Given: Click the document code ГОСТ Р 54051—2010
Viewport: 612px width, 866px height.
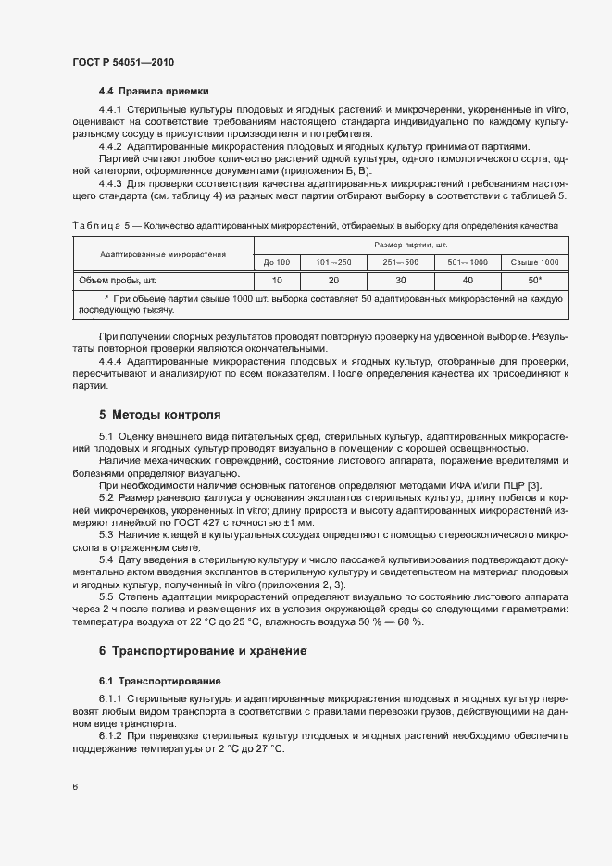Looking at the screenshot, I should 123,62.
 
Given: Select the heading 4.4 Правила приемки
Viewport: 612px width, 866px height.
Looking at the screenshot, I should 154,91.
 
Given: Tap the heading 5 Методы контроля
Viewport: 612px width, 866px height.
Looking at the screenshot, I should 159,413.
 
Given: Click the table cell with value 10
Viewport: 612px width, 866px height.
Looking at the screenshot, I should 276,279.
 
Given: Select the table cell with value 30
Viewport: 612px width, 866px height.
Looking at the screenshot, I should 401,279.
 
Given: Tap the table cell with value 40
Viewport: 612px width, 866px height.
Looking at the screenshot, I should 468,279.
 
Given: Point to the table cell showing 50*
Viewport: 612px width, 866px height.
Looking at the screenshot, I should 534,279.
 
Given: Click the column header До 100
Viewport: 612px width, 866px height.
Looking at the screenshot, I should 276,263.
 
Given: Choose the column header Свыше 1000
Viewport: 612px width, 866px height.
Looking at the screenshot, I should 534,263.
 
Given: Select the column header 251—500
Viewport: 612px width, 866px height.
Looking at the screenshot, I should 401,263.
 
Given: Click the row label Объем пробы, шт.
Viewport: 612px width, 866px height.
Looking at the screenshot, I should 115,279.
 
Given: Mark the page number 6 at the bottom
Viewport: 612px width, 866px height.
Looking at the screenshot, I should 75,787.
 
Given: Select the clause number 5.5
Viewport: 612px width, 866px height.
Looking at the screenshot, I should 106,596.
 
